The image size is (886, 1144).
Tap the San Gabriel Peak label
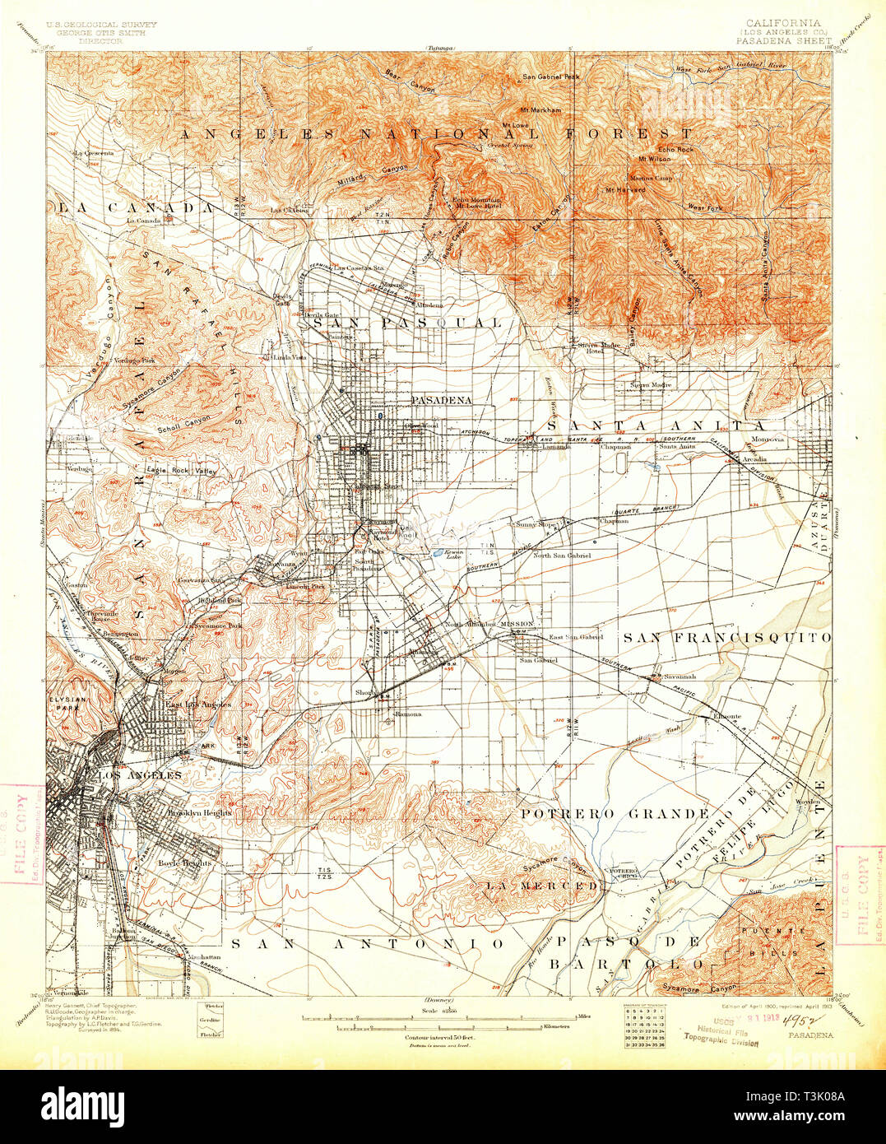552,77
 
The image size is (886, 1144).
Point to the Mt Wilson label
654,158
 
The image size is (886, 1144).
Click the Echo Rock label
676,149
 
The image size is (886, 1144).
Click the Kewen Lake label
454,554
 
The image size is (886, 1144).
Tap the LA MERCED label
540,886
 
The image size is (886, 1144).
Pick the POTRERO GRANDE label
614,813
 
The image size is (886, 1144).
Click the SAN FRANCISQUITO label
726,637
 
